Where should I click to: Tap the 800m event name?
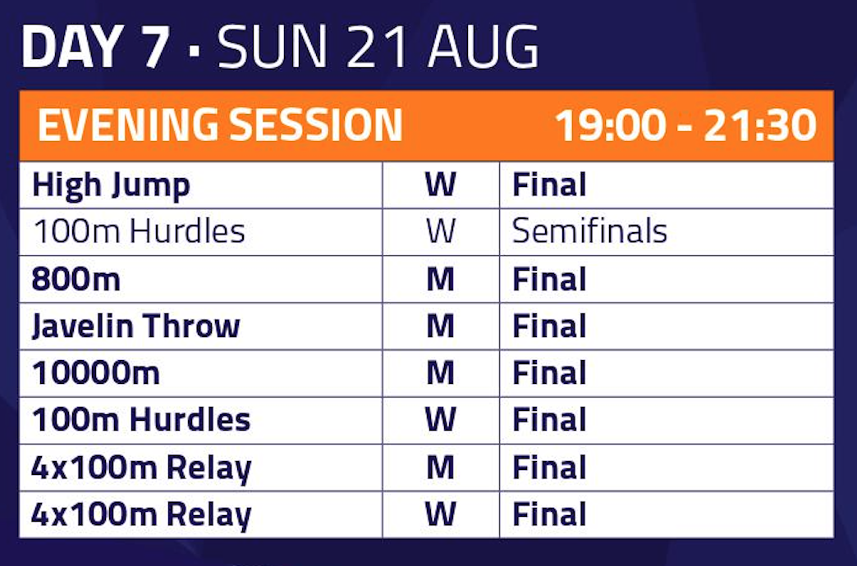tap(76, 279)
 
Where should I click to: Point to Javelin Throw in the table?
tap(136, 326)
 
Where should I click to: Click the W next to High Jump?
tap(441, 185)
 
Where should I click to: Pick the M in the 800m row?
tap(441, 279)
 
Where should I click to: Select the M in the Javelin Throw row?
tap(441, 326)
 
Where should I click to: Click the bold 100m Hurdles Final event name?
tap(141, 420)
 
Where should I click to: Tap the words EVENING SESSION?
tap(220, 126)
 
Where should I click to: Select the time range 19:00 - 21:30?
tap(686, 126)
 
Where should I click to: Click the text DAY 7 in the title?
tap(95, 47)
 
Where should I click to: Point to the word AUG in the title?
tap(483, 47)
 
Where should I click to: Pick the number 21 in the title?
tap(377, 47)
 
